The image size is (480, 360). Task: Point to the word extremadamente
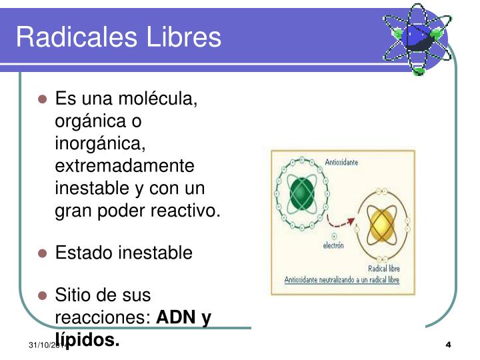pos(125,166)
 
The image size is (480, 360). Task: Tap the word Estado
pos(83,253)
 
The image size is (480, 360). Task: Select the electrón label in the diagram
pos(333,246)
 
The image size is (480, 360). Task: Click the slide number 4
pos(448,345)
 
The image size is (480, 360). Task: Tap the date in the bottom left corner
pos(43,345)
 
